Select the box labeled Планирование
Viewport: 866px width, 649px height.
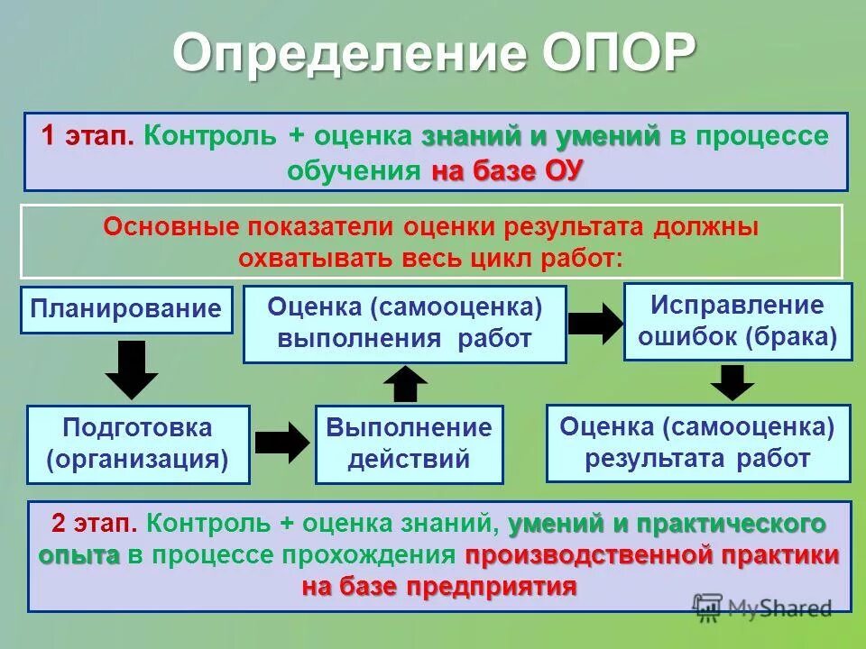point(126,309)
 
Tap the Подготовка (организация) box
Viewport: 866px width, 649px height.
point(137,443)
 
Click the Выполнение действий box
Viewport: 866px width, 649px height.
point(409,443)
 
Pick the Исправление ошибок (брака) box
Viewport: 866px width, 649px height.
point(737,321)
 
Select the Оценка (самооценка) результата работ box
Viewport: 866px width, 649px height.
point(697,443)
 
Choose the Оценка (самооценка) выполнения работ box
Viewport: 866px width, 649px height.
point(404,324)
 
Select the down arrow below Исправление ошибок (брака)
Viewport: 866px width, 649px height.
point(732,381)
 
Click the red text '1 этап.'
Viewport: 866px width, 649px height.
point(88,137)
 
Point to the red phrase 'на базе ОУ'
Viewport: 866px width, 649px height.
point(508,171)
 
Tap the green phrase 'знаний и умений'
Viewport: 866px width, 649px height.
point(540,137)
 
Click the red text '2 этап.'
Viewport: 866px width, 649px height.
point(94,524)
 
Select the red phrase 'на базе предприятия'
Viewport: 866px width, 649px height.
point(439,588)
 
